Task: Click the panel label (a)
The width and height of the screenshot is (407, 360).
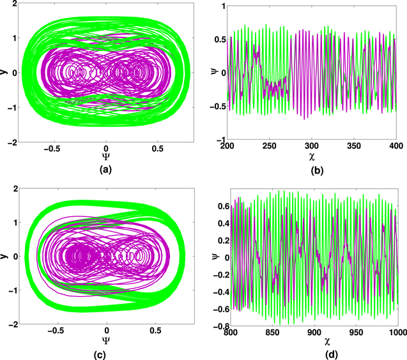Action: pyautogui.click(x=106, y=170)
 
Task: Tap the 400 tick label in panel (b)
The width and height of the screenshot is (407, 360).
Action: pyautogui.click(x=397, y=147)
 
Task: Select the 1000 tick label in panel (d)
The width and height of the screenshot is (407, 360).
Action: pyautogui.click(x=395, y=332)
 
